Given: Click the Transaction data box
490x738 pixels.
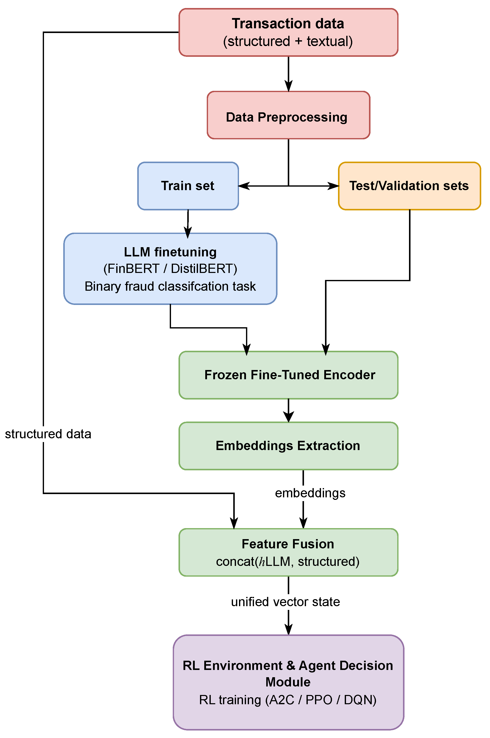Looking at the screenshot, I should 288,32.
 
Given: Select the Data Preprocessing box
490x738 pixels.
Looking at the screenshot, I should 288,115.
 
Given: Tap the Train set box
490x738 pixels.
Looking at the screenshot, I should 188,186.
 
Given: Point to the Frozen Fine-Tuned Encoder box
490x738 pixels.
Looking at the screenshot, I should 288,375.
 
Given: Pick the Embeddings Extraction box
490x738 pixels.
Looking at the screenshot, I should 288,446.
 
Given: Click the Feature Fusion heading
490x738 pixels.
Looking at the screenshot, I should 288,544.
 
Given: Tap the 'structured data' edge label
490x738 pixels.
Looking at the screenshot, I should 48,434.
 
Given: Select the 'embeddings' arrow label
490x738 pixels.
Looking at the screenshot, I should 310,493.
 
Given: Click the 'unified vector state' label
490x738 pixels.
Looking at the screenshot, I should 285,602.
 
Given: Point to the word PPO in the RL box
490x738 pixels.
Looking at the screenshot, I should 319,700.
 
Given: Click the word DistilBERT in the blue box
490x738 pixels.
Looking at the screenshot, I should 204,269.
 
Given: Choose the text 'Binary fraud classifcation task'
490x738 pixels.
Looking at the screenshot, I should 170,286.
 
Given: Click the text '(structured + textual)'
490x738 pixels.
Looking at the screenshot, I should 288,41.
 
